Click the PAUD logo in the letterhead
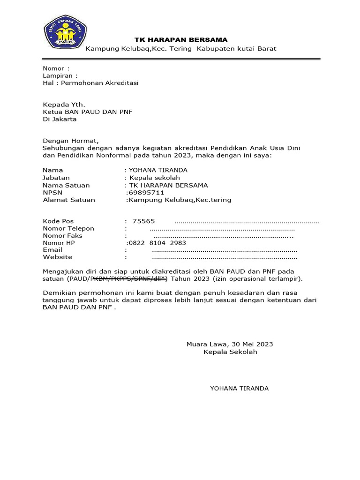coord(63,33)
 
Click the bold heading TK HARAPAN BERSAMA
coord(181,40)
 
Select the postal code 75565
coord(143,221)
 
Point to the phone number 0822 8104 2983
coord(157,243)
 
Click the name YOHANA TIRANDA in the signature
coord(239,388)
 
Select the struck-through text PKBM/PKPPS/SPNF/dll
coord(128,279)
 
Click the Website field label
coord(57,257)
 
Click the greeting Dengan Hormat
coord(71,140)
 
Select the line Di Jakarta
coord(60,119)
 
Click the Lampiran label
coord(60,75)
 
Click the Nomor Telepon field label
coord(68,228)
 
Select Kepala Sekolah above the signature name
coord(230,352)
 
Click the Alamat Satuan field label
coord(69,200)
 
